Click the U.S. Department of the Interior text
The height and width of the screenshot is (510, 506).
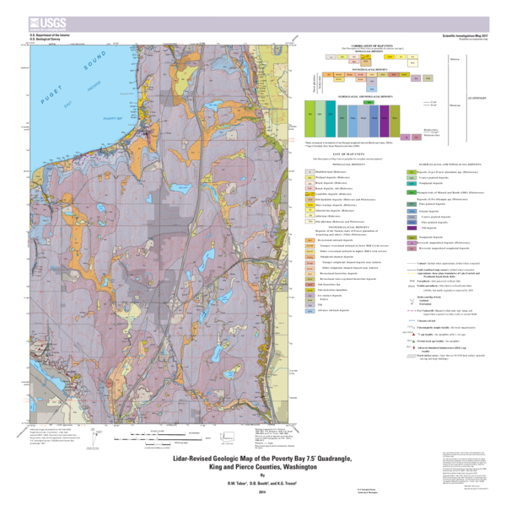coord(44,35)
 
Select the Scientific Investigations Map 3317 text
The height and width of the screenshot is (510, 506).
coord(467,35)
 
